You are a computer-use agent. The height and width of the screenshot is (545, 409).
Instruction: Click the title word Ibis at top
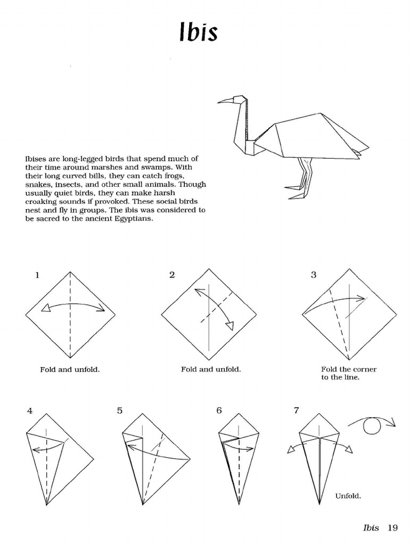click(x=198, y=32)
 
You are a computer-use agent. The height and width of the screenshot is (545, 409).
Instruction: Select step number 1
click(x=37, y=275)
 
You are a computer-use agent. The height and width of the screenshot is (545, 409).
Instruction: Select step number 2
click(x=171, y=275)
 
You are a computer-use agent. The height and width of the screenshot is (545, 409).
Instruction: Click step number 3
click(x=314, y=275)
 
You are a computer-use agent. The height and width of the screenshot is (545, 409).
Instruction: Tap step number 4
click(x=30, y=411)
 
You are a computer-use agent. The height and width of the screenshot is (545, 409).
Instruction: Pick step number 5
click(x=120, y=411)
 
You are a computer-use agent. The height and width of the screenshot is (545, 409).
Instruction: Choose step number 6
click(x=219, y=411)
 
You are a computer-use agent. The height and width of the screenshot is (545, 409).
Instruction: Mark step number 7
click(x=296, y=411)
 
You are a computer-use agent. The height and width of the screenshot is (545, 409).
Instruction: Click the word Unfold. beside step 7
click(x=348, y=496)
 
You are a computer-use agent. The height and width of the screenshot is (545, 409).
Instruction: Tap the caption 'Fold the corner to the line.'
click(x=348, y=373)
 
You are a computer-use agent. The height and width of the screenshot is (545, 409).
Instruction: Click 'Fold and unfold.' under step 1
click(x=70, y=369)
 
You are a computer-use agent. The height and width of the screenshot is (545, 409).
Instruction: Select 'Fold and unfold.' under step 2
click(x=211, y=369)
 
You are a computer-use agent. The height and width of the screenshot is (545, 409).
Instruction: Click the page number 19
click(x=392, y=528)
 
